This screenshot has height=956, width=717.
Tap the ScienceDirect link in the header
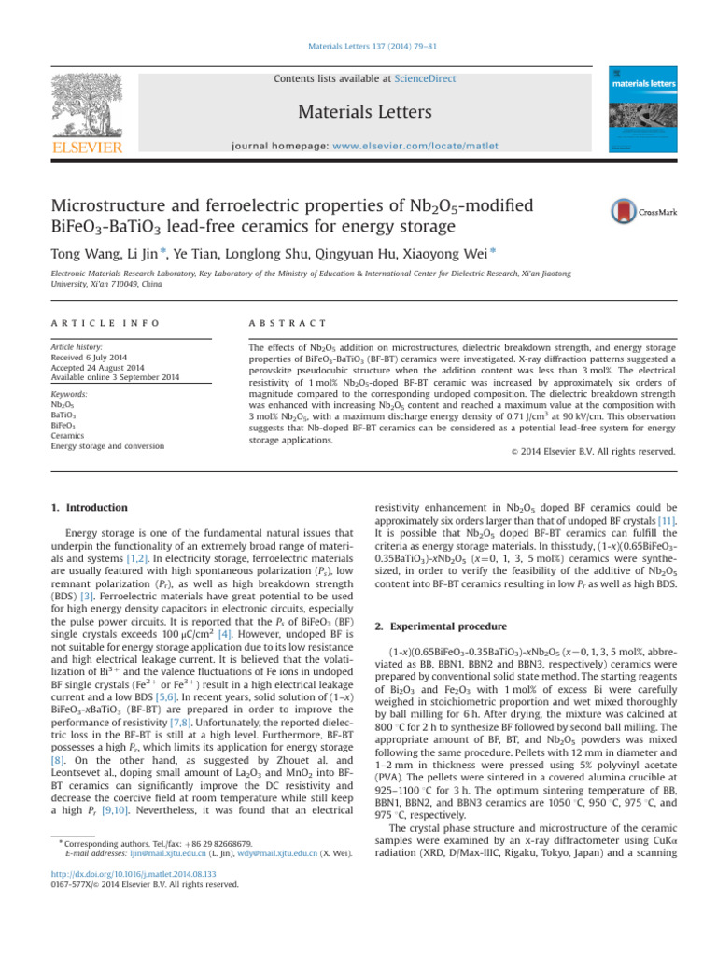pos(425,79)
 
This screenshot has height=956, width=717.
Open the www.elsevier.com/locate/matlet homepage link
pos(430,147)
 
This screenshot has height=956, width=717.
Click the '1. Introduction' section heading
pos(90,508)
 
